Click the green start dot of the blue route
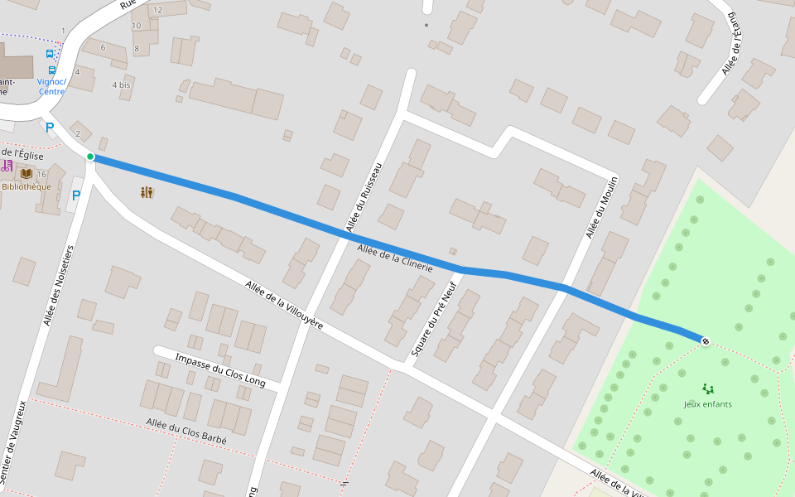click(90, 157)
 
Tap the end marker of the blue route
click(705, 340)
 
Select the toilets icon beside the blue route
click(147, 192)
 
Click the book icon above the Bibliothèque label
click(26, 173)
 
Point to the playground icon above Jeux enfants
click(707, 388)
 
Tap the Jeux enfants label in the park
click(707, 404)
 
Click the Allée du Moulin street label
click(603, 207)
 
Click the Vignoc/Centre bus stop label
click(51, 86)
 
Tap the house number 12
click(157, 10)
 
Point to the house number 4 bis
click(121, 85)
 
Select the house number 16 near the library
click(41, 174)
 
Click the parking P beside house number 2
click(49, 127)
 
